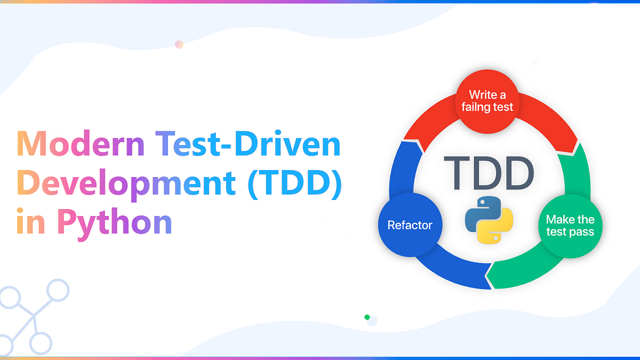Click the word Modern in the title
point(75,145)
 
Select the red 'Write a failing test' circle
point(487,101)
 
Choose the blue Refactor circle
point(410,225)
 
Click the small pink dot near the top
point(179,44)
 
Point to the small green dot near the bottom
point(367,317)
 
